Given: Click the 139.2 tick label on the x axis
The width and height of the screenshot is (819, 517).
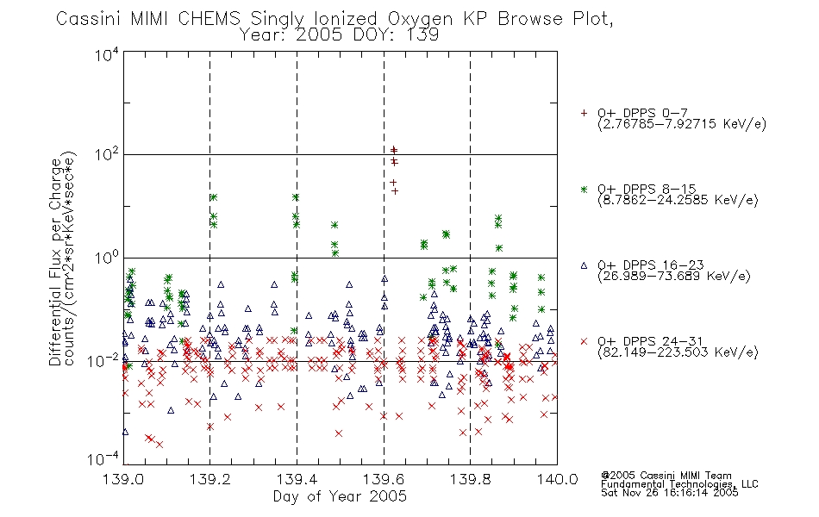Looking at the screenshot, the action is click(x=210, y=479).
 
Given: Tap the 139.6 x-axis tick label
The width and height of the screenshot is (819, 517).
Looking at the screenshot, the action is click(x=384, y=479).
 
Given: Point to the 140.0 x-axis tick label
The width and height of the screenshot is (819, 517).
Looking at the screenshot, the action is click(x=557, y=479).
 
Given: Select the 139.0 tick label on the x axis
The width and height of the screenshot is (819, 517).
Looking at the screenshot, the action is click(x=124, y=479).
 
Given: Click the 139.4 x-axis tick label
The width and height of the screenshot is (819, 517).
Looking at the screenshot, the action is click(x=297, y=479).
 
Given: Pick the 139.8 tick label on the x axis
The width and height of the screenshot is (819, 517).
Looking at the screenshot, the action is click(x=470, y=479).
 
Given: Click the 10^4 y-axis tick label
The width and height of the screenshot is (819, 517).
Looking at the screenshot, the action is click(x=107, y=54).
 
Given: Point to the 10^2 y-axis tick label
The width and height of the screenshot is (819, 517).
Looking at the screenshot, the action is click(x=107, y=154).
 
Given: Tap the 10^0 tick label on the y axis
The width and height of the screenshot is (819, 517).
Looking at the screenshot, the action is click(x=107, y=258).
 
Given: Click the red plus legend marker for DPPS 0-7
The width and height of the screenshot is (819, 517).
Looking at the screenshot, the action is click(x=584, y=113).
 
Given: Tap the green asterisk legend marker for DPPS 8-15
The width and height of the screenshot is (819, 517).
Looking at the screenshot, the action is click(x=584, y=189).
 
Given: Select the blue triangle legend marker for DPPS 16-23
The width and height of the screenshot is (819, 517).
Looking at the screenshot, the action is click(x=584, y=265).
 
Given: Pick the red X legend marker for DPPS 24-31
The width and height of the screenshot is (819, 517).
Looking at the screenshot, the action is click(x=584, y=341).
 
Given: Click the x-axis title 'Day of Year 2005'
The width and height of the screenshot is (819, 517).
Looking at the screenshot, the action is click(x=340, y=496).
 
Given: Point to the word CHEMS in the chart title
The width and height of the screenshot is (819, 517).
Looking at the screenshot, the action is click(x=209, y=19).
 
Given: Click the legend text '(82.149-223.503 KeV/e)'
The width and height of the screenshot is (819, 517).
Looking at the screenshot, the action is click(x=678, y=352).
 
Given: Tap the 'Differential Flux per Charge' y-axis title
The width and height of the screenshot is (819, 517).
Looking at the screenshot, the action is click(x=55, y=262).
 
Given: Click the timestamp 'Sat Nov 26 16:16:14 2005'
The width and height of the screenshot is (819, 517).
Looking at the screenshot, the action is click(x=670, y=492).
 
